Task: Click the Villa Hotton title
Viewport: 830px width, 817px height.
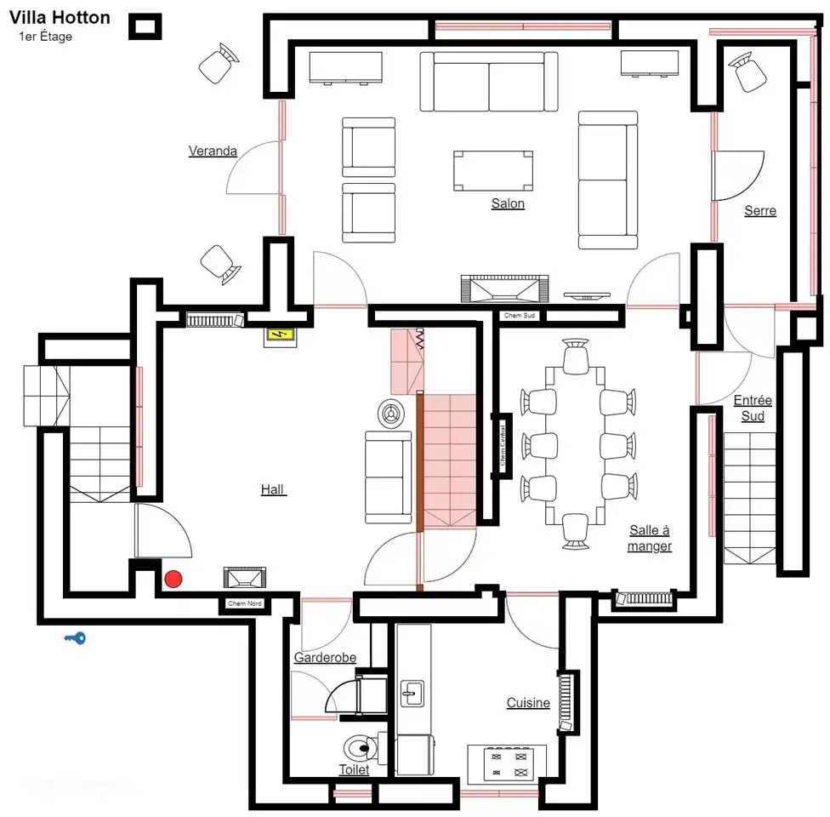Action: tap(60, 17)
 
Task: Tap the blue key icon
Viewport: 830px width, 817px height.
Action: tap(75, 637)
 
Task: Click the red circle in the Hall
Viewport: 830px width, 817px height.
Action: tap(173, 580)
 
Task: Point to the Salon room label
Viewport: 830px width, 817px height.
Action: tap(508, 203)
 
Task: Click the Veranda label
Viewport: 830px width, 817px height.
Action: tap(213, 151)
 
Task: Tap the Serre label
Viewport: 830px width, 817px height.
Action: tap(759, 210)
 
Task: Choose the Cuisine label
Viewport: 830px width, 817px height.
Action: tap(528, 703)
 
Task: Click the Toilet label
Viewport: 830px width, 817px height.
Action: tap(354, 769)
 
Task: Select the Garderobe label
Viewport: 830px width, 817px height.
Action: tap(325, 658)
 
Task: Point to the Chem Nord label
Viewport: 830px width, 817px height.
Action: tap(244, 604)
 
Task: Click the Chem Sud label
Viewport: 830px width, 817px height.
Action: tap(520, 316)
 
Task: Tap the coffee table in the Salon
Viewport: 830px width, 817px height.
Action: tap(494, 171)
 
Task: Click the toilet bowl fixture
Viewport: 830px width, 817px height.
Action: tap(361, 748)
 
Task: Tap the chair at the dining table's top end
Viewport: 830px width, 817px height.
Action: tap(576, 355)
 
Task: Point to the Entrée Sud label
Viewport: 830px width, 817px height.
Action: tap(752, 408)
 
